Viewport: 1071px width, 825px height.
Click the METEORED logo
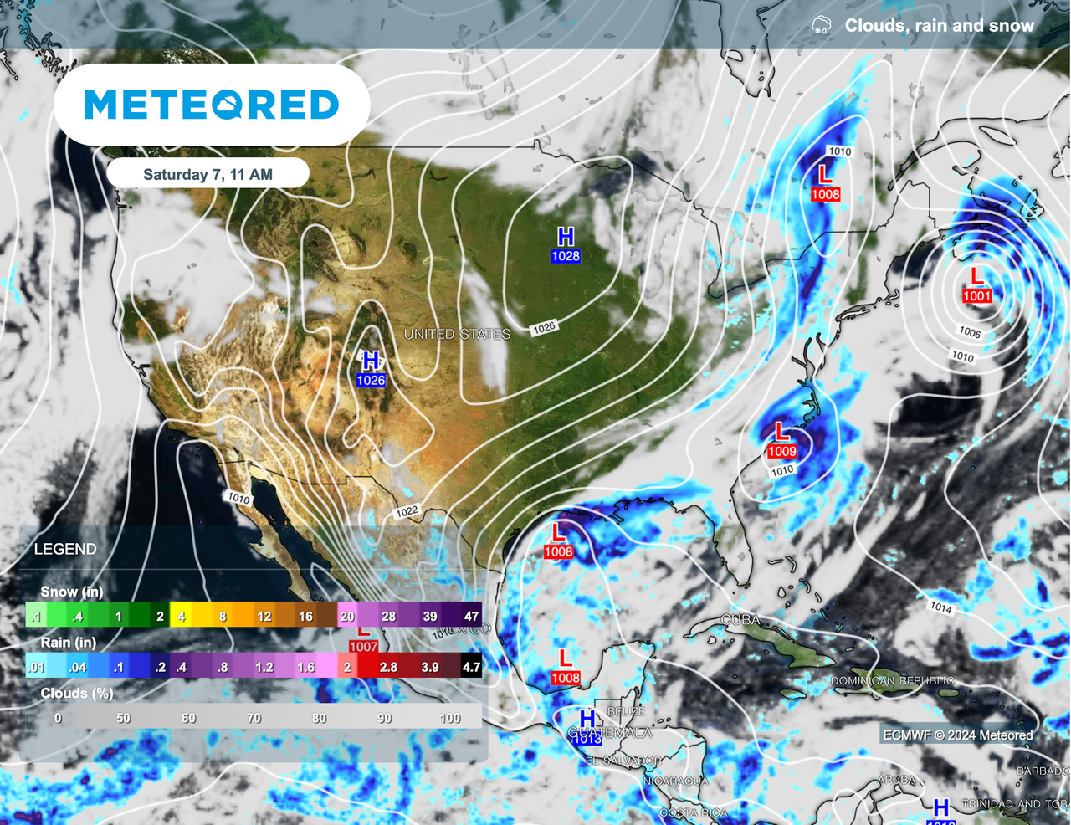point(212,105)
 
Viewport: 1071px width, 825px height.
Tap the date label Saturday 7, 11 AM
point(208,174)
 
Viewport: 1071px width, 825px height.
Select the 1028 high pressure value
point(565,256)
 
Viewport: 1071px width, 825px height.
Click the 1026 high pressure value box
point(371,380)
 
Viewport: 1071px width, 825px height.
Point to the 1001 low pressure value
point(976,295)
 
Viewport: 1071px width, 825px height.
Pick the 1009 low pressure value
point(781,451)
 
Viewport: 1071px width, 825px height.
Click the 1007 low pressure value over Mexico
point(363,646)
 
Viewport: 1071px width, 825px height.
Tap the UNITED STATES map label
point(457,334)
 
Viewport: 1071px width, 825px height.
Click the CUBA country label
point(740,620)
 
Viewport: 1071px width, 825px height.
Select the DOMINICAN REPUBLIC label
point(892,680)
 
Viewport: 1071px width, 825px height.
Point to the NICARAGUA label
point(675,781)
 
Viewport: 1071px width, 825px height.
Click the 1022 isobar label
point(407,511)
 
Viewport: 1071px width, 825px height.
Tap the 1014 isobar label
point(941,607)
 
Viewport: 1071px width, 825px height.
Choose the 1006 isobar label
point(970,332)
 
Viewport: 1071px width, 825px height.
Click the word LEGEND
point(65,549)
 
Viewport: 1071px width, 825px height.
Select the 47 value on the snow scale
point(471,616)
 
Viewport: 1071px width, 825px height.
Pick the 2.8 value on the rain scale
point(388,667)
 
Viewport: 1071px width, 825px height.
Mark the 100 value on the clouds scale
point(449,718)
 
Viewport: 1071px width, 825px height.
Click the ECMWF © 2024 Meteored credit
point(958,735)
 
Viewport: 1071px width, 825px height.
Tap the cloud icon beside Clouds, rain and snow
point(822,25)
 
